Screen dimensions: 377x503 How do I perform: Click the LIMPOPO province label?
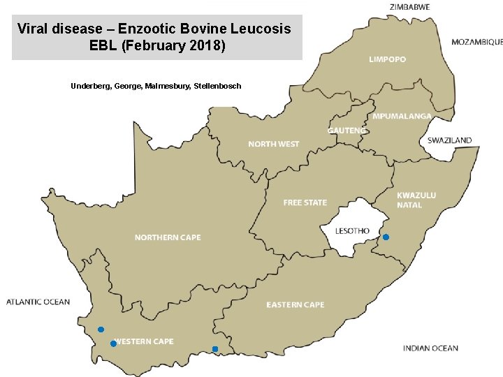pos(387,60)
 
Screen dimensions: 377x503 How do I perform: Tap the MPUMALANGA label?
pos(402,116)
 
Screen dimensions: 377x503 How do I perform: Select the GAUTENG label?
pos(347,131)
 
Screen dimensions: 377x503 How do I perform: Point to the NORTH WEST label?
pos(274,144)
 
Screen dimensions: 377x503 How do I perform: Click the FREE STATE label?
pos(305,202)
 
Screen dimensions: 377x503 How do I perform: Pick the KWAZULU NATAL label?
pos(416,200)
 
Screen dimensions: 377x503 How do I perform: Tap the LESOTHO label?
pos(352,230)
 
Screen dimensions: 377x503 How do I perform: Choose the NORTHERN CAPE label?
pos(168,237)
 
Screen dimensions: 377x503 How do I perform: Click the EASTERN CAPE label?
pos(295,304)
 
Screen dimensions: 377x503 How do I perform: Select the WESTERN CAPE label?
pos(144,341)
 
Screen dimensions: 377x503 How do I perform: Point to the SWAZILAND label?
pos(449,140)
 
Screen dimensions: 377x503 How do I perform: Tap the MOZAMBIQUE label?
pos(476,42)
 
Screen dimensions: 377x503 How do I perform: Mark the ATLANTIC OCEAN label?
pos(38,302)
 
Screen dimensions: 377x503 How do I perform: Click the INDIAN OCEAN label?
pos(430,348)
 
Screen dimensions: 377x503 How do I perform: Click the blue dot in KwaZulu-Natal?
pos(386,237)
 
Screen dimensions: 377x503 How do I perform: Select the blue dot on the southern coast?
pos(215,349)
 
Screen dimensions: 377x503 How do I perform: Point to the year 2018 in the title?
pos(203,46)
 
